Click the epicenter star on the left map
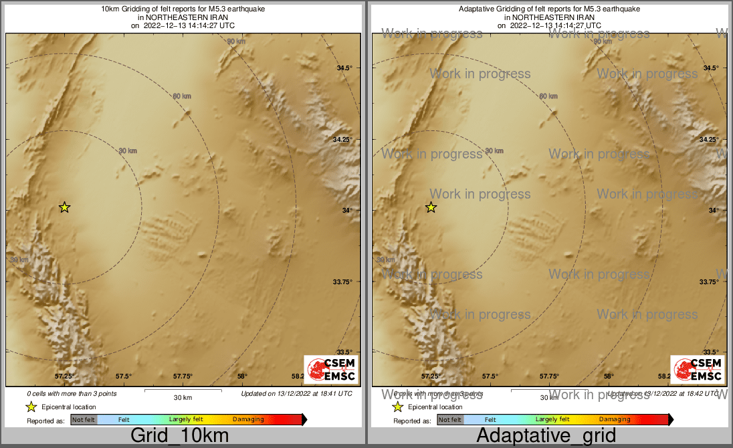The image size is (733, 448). point(64,207)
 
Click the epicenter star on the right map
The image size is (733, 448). point(431,207)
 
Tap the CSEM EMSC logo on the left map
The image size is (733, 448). point(331,369)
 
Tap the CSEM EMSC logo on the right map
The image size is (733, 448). point(698,369)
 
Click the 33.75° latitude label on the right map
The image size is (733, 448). point(709,282)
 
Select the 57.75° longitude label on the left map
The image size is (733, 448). point(183,376)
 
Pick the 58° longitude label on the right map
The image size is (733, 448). point(609,376)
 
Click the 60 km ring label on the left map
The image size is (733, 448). point(182,96)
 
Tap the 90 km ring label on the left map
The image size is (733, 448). point(236,41)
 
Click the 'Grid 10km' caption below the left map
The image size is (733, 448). point(179,436)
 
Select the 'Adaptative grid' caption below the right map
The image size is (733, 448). point(546,436)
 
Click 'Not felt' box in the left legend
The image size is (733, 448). point(84,420)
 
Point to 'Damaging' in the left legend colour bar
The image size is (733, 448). point(248,420)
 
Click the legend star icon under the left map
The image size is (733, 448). point(30,407)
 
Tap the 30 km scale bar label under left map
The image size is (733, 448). point(183,398)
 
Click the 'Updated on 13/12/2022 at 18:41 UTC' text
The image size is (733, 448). point(296,394)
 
